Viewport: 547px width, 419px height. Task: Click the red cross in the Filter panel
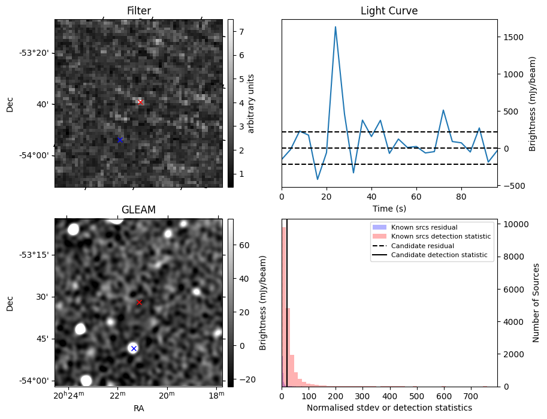coord(140,102)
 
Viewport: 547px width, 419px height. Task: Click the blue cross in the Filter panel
coord(120,140)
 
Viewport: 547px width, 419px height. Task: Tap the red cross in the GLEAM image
coord(139,303)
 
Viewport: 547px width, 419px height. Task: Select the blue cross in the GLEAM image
coord(134,348)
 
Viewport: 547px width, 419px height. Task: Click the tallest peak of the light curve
coord(336,27)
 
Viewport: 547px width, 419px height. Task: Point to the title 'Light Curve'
coord(389,11)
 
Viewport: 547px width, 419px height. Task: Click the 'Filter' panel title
coord(139,11)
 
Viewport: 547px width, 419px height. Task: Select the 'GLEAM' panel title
coord(138,210)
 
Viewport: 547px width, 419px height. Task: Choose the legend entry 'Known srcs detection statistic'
coord(441,237)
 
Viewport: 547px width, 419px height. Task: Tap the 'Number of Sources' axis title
coord(536,303)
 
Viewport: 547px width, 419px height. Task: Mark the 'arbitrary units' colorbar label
coord(251,103)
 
